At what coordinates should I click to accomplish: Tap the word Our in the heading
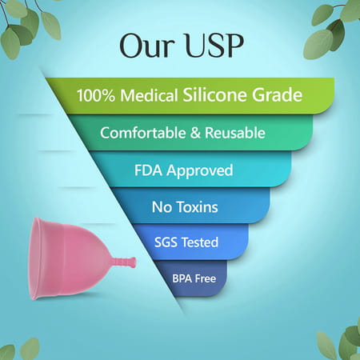click(145, 46)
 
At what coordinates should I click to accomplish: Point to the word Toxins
click(197, 207)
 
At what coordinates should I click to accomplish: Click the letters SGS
click(165, 242)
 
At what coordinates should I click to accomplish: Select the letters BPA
click(182, 278)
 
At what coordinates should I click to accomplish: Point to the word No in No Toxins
click(161, 207)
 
